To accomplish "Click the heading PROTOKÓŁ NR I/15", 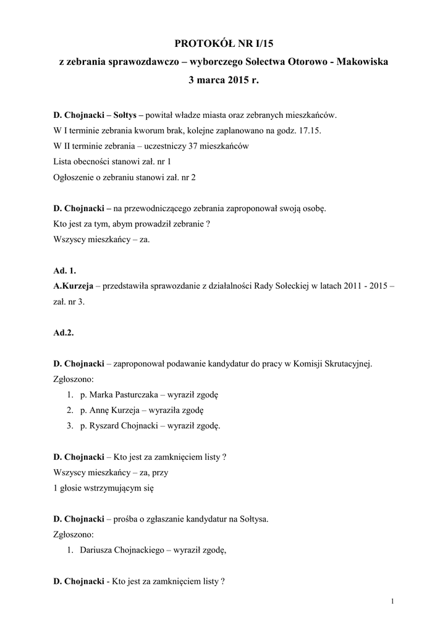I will tap(224, 43).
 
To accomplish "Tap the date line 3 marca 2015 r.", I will tap(224, 80).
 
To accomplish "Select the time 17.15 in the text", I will tap(309, 131).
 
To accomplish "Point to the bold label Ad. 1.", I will tap(64, 271).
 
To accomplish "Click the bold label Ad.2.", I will tap(63, 333).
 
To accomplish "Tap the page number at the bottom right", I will tap(392, 601).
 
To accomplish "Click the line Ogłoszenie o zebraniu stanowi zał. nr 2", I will tap(124, 177).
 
